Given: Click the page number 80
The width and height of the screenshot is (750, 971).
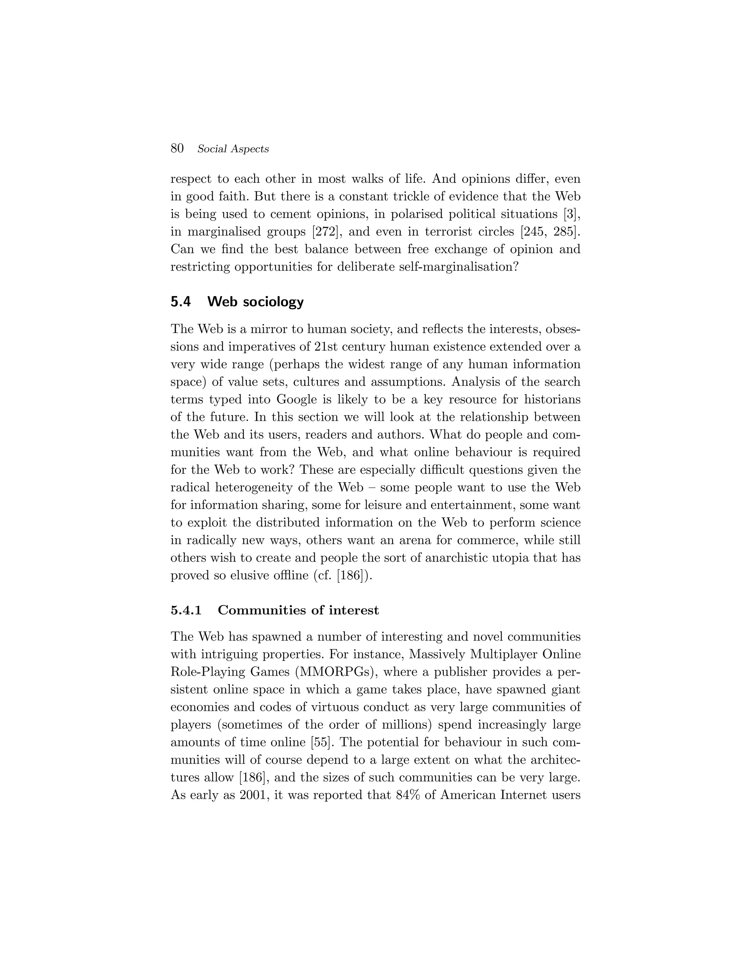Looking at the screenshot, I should (177, 148).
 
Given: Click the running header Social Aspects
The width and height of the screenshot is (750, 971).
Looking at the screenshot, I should (233, 149).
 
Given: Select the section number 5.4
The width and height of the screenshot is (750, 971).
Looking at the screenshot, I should (181, 302).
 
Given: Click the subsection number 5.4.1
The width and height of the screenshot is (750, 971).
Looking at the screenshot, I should (186, 610).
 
